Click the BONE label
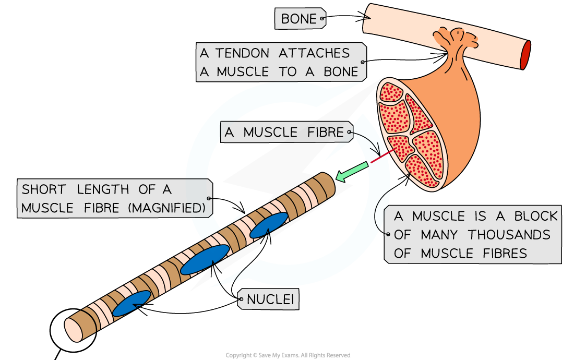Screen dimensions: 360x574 (299, 19)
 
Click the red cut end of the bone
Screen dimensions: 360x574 (525, 55)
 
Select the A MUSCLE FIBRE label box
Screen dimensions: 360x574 (286, 133)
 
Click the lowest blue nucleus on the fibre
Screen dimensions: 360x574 (131, 303)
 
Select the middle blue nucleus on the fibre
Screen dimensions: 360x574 (205, 259)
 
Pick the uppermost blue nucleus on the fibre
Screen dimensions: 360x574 (269, 225)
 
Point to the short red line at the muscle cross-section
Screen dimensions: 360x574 (382, 156)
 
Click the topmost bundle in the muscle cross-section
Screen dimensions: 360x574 (391, 92)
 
